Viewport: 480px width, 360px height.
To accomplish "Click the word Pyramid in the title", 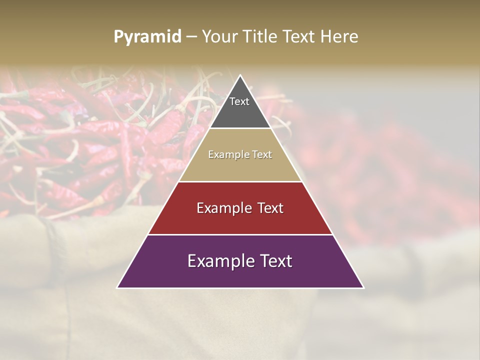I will coord(147,37).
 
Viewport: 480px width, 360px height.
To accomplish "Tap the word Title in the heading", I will coord(260,37).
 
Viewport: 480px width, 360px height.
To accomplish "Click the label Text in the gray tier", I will coord(239,101).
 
